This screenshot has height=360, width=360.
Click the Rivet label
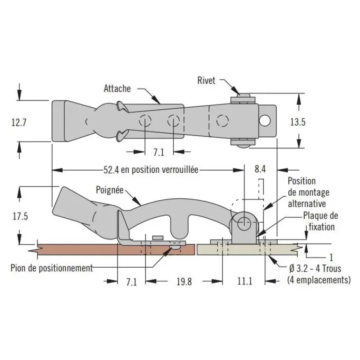206,81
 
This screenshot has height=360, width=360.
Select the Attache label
117,88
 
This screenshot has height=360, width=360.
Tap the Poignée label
110,190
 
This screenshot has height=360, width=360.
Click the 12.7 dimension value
19,122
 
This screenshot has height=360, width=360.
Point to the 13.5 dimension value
298,122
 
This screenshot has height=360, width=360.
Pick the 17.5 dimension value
20,216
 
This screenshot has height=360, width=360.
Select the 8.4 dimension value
260,169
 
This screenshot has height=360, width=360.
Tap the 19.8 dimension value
184,282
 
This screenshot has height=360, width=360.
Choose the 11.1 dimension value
245,281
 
